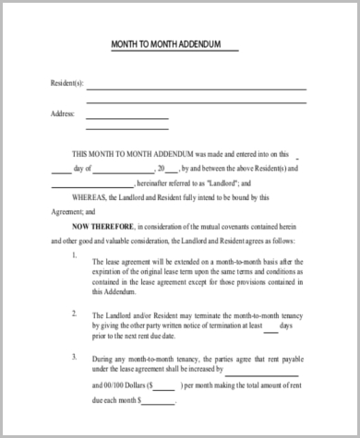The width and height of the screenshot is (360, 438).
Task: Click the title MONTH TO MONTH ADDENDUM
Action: point(174,44)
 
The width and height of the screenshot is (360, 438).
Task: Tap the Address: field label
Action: point(61,113)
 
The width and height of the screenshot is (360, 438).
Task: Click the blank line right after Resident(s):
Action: point(196,89)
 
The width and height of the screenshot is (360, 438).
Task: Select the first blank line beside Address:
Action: point(127,117)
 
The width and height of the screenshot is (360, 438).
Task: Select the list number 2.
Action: point(74,313)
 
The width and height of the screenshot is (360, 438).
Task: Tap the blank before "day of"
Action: point(60,171)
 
